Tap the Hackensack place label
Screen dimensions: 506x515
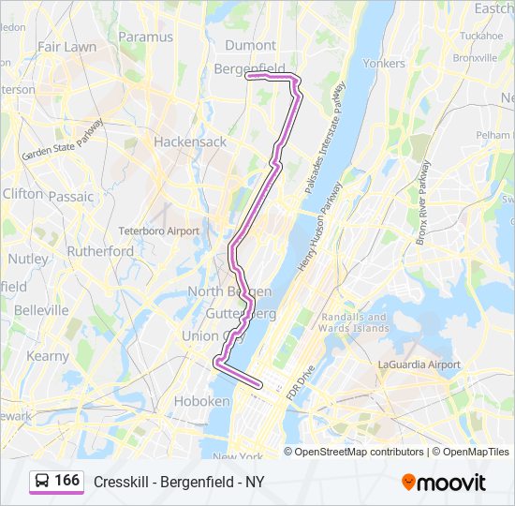coord(190,142)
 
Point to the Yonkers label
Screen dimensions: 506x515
coord(384,64)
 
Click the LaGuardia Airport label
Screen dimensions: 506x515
coord(419,365)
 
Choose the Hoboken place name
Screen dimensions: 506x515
coord(201,401)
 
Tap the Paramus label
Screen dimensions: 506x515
coord(146,37)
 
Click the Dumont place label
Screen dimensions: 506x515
coord(252,45)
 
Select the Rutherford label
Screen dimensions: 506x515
coord(100,251)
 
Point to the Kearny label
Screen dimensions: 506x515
coord(48,356)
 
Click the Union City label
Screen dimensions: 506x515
coord(213,335)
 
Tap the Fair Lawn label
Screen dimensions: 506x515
coord(66,46)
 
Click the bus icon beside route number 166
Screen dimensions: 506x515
coord(42,482)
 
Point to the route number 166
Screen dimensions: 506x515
coord(67,481)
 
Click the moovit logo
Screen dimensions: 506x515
coord(444,483)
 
